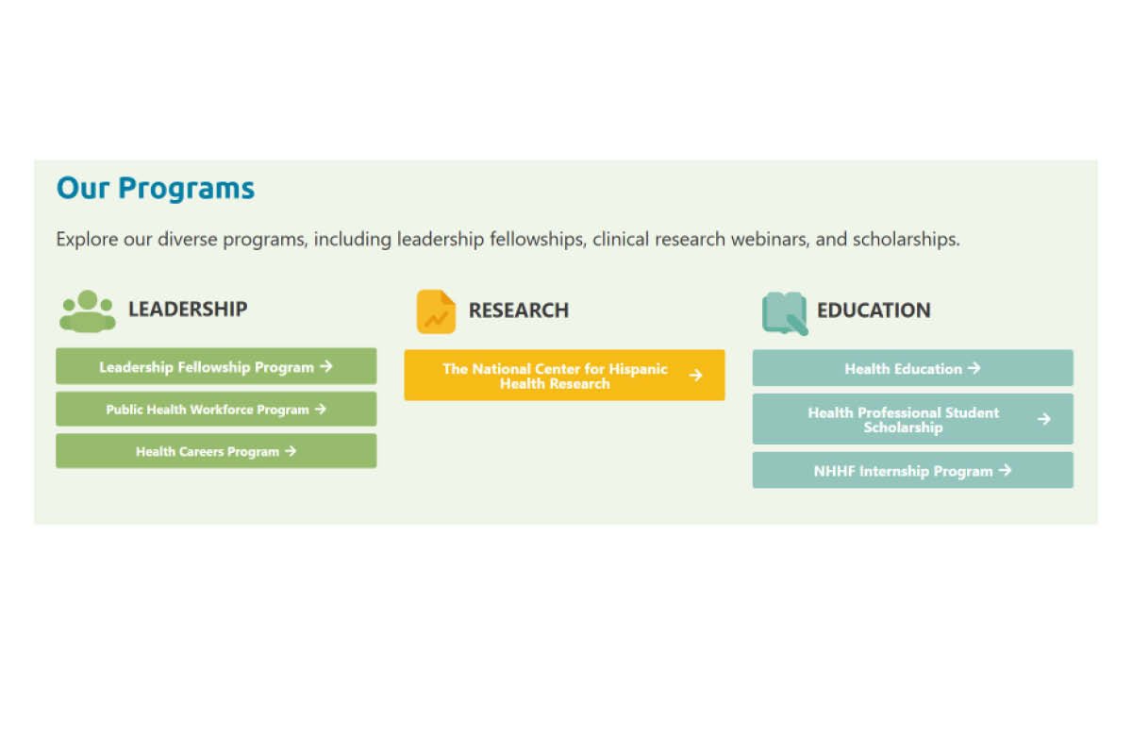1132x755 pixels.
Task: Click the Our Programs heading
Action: click(156, 189)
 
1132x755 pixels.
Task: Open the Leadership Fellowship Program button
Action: click(216, 366)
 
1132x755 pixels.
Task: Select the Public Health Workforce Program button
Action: click(216, 410)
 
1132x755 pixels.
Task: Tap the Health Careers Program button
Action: click(216, 451)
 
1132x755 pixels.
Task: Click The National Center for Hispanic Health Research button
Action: click(564, 376)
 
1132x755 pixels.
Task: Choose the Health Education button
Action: click(912, 368)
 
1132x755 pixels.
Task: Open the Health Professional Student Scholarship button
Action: click(912, 419)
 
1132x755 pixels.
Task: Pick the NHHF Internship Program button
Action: click(912, 470)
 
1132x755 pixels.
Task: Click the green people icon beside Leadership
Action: click(88, 310)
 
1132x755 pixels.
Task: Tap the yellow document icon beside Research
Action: click(436, 311)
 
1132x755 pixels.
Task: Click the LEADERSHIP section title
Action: click(188, 309)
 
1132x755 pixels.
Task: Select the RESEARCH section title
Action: click(519, 310)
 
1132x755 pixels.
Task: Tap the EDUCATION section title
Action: click(874, 310)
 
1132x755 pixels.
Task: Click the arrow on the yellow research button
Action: click(695, 376)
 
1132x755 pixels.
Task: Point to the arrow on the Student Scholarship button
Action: click(1043, 419)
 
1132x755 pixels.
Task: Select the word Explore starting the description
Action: click(87, 240)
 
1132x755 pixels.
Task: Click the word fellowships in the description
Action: click(535, 240)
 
